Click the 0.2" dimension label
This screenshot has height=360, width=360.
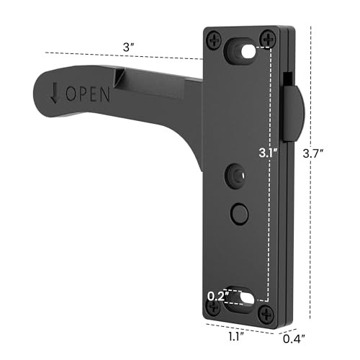[x=217, y=294]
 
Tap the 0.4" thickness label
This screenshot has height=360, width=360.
[x=290, y=336]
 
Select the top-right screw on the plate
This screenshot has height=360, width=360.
[x=268, y=37]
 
